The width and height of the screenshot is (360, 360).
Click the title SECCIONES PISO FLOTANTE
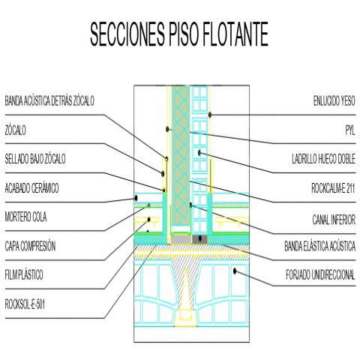coord(179,34)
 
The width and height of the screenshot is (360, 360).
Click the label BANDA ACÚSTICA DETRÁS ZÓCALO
coord(49,100)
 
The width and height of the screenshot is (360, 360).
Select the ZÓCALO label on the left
coord(15,130)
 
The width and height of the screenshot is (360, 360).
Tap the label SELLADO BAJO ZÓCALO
coord(35,159)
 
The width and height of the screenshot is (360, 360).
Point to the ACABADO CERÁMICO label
coord(31,188)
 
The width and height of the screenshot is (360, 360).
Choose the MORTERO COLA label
coord(25,217)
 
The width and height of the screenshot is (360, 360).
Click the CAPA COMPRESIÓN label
coord(30,246)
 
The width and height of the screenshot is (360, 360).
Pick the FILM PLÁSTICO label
coord(24,274)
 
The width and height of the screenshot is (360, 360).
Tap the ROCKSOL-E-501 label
coord(25,304)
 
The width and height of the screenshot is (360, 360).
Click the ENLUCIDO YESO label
coord(334,100)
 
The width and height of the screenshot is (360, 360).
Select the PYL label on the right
coord(350,130)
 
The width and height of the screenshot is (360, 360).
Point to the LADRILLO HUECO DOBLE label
coord(324,159)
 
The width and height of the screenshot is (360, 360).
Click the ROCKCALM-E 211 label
coord(333,188)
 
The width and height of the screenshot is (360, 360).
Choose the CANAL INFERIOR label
coord(334,220)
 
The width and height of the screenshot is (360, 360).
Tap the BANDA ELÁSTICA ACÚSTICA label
coord(320,246)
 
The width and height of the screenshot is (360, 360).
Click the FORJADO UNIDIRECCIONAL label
coord(320,274)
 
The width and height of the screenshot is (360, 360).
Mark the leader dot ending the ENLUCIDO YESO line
coord(210,115)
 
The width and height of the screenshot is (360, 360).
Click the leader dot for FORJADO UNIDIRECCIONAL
coord(235,271)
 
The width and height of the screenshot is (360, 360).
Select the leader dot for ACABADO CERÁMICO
coord(136,198)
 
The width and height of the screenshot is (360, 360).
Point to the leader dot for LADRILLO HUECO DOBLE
coord(199,152)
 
